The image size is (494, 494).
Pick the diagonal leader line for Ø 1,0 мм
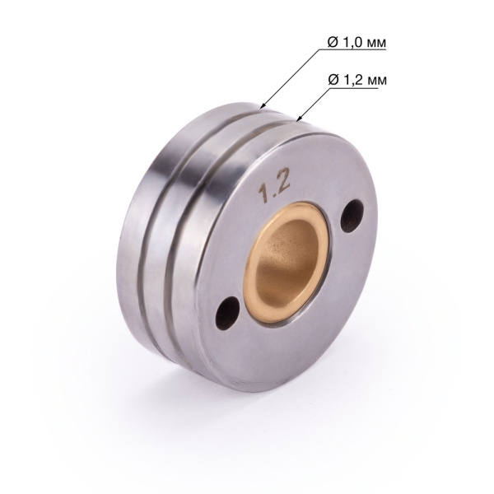(x=288, y=78)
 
